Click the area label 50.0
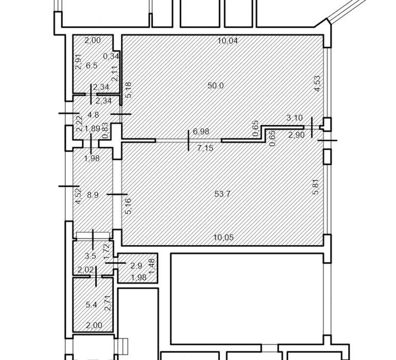(x=215, y=86)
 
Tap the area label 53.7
(x=222, y=194)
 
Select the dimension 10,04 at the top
(x=228, y=41)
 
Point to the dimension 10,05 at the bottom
(x=224, y=238)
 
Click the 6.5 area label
(x=92, y=66)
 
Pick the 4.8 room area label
(x=93, y=115)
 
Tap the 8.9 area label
(x=93, y=195)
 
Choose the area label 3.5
(x=91, y=256)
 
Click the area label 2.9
(x=136, y=265)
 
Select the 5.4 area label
(x=92, y=304)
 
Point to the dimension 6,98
(x=201, y=131)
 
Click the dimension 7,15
(x=205, y=148)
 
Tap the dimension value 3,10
(x=295, y=118)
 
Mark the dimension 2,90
(x=297, y=135)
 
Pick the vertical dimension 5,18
(x=129, y=90)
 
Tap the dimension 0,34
(x=111, y=56)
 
